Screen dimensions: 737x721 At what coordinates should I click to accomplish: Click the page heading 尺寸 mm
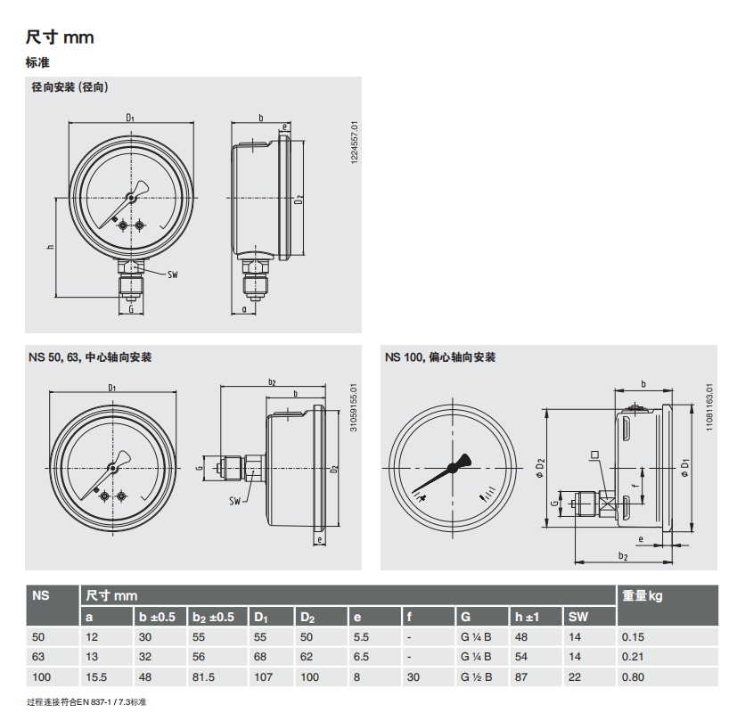pyautogui.click(x=60, y=37)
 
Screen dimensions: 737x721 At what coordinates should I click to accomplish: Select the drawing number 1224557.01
pyautogui.click(x=355, y=143)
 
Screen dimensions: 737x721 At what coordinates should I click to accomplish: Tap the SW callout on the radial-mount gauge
pyautogui.click(x=173, y=274)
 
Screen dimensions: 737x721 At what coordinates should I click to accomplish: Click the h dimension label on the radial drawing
pyautogui.click(x=50, y=247)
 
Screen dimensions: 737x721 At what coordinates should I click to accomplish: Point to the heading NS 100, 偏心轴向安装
pyautogui.click(x=440, y=357)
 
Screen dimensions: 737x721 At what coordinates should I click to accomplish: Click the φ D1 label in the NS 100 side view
pyautogui.click(x=685, y=468)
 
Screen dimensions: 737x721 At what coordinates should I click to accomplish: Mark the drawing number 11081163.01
pyautogui.click(x=709, y=407)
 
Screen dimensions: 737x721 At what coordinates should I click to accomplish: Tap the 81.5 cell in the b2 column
pyautogui.click(x=203, y=676)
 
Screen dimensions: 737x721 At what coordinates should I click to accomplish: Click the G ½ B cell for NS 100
pyautogui.click(x=476, y=676)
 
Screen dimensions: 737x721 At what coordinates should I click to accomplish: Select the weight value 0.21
pyautogui.click(x=633, y=657)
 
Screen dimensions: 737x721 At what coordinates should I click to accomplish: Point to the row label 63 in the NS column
pyautogui.click(x=38, y=657)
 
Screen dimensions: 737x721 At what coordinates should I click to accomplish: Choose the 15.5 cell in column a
pyautogui.click(x=96, y=676)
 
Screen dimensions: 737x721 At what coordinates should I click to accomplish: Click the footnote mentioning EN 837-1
pyautogui.click(x=86, y=702)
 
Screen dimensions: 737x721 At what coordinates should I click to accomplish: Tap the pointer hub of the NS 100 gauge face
pyautogui.click(x=453, y=467)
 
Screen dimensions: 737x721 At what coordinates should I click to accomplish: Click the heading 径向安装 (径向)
pyautogui.click(x=70, y=87)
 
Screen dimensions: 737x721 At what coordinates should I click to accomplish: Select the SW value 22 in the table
pyautogui.click(x=575, y=676)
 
